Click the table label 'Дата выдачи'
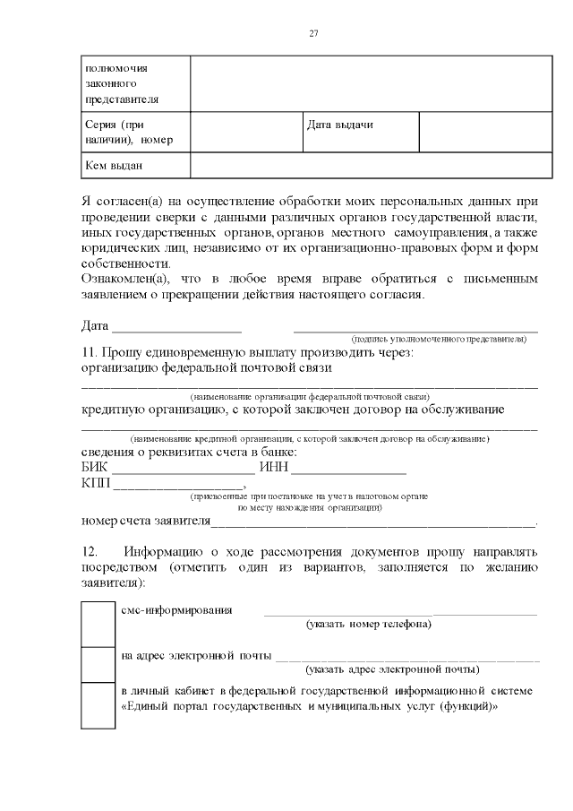[x=339, y=125]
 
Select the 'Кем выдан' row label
[x=114, y=165]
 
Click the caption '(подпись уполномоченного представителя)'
[x=439, y=340]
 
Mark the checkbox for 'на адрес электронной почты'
[x=92, y=664]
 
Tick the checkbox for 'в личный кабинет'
[x=92, y=705]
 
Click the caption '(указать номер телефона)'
[x=368, y=624]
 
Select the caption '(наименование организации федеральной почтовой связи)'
[x=310, y=395]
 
